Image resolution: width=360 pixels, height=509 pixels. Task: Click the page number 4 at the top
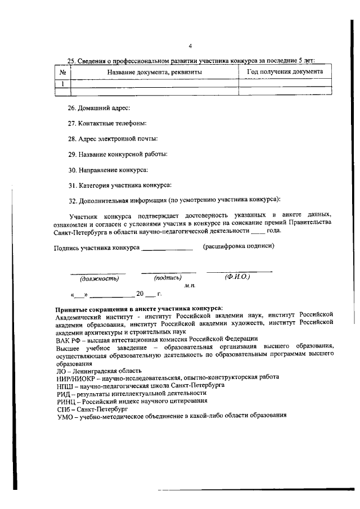point(190,46)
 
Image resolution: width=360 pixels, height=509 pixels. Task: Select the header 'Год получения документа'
point(285,72)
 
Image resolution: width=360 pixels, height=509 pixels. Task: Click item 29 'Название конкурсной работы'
point(118,154)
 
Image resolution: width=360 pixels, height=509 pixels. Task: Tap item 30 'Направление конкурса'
point(108,169)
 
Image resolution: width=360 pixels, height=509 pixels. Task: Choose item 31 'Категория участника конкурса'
point(119,184)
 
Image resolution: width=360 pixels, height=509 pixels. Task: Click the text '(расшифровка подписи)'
point(238,246)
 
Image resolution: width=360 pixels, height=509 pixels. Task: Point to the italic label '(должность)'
point(99,278)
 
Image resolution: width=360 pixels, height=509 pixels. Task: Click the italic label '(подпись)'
point(168,277)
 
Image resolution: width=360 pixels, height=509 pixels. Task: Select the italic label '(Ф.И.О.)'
point(237,277)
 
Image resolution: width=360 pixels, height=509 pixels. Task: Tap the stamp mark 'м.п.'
point(190,286)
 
